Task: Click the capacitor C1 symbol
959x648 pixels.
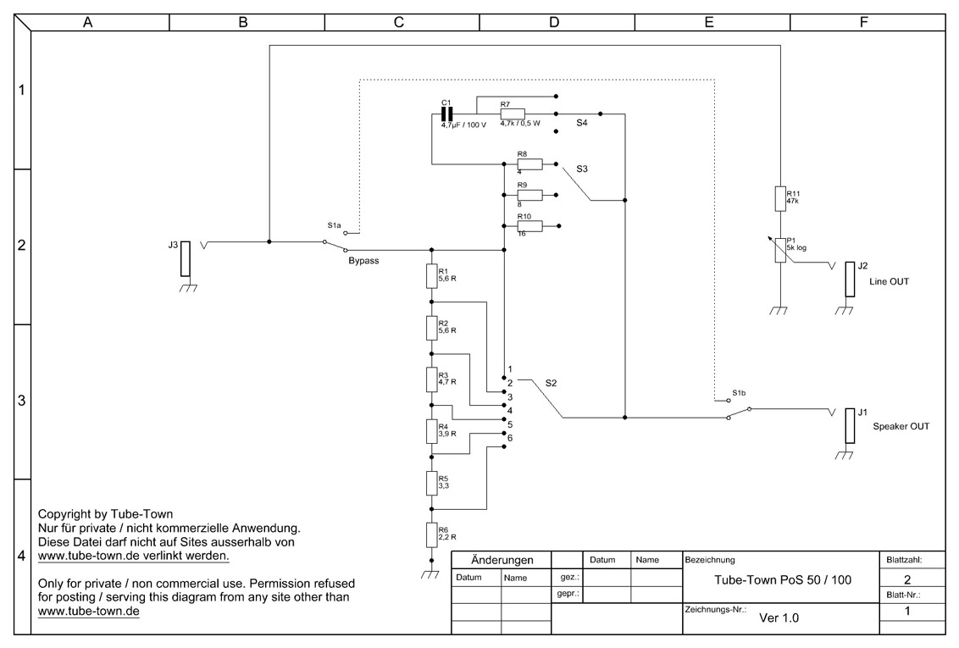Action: tap(447, 114)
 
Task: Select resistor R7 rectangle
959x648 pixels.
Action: tap(513, 114)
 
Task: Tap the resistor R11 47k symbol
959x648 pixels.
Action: tap(780, 199)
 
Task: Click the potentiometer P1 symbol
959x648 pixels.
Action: tap(780, 250)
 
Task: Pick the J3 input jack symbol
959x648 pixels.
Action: tap(186, 258)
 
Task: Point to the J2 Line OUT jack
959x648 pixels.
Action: tap(850, 280)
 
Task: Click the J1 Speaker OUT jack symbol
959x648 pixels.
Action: tap(850, 425)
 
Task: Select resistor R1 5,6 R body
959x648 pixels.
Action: tap(432, 275)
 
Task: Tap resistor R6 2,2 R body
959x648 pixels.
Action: tap(432, 534)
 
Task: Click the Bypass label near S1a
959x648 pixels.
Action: tap(364, 260)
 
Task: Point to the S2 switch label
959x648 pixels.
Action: tap(551, 384)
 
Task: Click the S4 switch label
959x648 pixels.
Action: tap(582, 123)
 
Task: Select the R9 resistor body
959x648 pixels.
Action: tap(529, 195)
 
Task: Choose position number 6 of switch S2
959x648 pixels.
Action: tap(510, 438)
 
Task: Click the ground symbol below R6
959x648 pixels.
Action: tap(431, 574)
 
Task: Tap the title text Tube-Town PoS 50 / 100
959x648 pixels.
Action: tap(783, 579)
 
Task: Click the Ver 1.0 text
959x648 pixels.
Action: tap(779, 618)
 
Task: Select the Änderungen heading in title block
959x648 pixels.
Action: tap(502, 560)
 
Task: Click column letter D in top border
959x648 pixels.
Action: tap(554, 23)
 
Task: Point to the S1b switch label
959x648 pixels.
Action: tap(739, 392)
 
